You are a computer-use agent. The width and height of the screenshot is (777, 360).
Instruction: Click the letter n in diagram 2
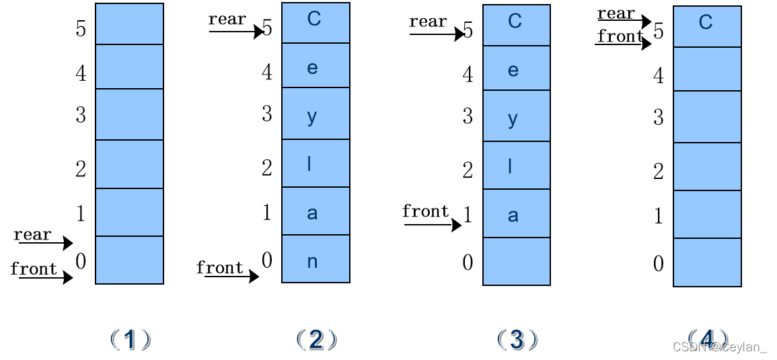point(312,262)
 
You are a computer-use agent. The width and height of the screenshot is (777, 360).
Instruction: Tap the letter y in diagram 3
point(513,119)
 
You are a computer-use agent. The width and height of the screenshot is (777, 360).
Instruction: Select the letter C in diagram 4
point(705,23)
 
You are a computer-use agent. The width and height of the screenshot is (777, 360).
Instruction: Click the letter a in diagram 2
point(312,213)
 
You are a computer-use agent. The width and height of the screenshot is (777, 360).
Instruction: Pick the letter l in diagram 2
point(309,164)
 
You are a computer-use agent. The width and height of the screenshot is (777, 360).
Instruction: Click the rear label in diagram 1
point(32,234)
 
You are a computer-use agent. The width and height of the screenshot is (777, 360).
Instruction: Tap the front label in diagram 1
point(34,268)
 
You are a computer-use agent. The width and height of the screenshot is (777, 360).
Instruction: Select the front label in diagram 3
point(425,211)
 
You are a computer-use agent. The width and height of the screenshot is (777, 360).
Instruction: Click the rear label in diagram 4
point(616,13)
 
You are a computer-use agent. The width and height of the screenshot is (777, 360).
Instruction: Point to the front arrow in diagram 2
point(232,277)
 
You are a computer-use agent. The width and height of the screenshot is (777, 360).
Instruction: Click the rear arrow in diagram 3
point(437,34)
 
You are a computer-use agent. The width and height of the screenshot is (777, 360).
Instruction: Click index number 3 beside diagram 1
point(81,115)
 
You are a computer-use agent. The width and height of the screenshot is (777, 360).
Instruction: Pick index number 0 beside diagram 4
point(659,263)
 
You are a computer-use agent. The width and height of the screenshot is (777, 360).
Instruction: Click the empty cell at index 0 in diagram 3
point(516,262)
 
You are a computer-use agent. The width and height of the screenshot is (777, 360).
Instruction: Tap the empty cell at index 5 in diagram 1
point(129,24)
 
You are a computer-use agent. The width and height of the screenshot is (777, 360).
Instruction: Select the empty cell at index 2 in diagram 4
point(707,167)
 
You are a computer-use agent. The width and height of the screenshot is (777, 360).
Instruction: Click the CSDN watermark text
point(719,347)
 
